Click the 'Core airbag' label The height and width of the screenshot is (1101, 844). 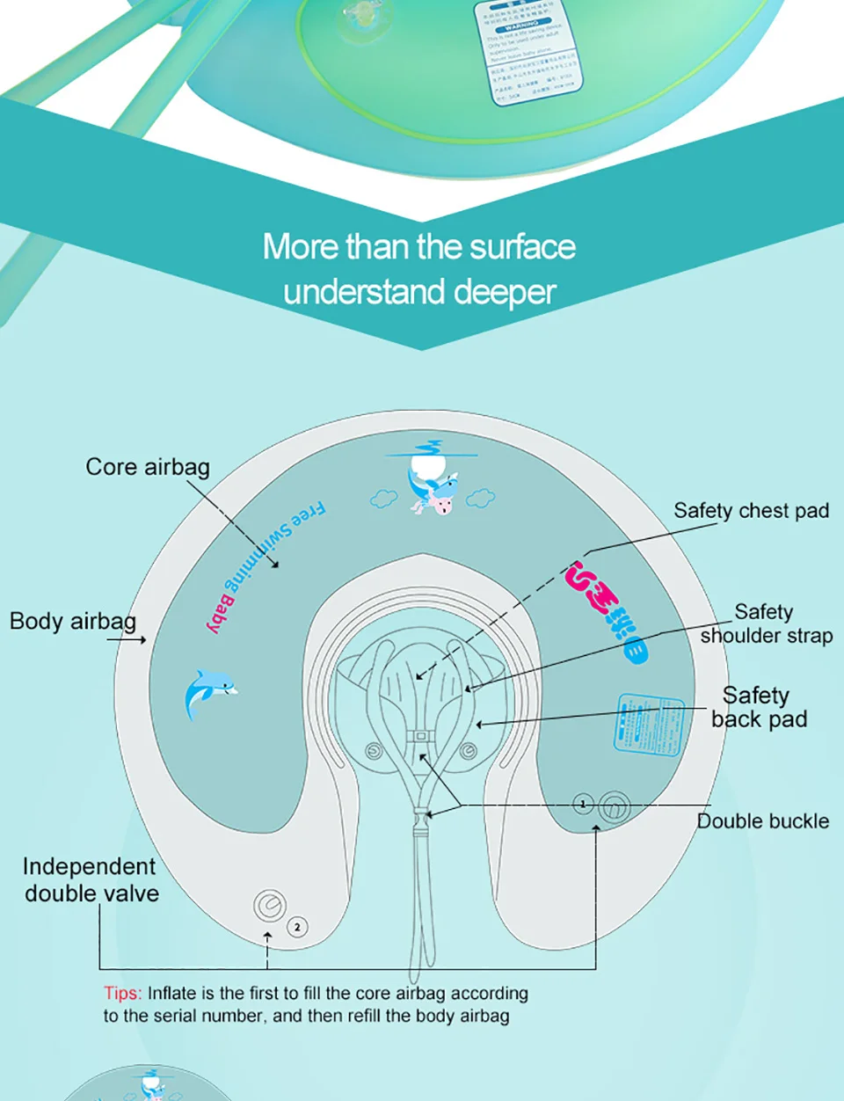[148, 467]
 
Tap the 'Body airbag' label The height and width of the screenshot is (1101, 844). [73, 622]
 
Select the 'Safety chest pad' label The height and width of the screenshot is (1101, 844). [751, 511]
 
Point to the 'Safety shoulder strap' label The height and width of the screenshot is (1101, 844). [766, 623]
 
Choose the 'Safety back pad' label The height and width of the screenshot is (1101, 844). [759, 707]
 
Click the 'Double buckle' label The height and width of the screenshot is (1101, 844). [763, 821]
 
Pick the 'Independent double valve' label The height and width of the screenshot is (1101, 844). [91, 879]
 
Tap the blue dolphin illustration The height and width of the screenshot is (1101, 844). [208, 692]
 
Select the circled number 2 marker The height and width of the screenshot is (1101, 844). [298, 926]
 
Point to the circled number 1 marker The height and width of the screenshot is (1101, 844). [583, 804]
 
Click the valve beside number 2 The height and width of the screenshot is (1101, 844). [270, 906]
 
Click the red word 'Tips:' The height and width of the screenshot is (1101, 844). [122, 994]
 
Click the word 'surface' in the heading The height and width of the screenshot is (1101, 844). [522, 247]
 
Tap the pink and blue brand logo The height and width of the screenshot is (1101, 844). [607, 612]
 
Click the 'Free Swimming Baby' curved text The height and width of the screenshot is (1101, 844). [264, 564]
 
